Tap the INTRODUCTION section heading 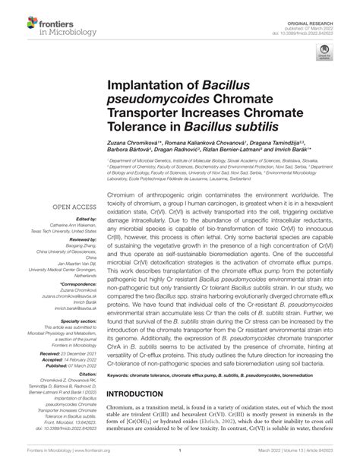147,415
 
